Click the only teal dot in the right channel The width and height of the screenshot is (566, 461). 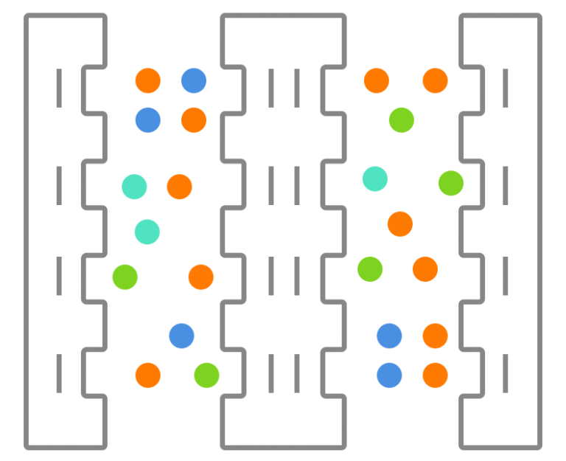coord(374,178)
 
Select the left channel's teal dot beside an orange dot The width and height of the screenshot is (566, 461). coord(134,187)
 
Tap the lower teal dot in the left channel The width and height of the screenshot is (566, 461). coord(147,232)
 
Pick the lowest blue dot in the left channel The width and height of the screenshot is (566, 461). coord(181,336)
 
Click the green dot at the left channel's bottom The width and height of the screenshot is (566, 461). coord(206,375)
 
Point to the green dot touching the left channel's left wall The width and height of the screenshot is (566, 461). coord(125,277)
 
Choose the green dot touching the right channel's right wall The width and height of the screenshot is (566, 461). coord(450,183)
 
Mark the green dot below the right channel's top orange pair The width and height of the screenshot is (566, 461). coord(401,119)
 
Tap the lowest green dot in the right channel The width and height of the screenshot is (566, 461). coord(370,268)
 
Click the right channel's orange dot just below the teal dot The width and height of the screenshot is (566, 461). coord(399,223)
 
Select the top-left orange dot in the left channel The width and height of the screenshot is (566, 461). coord(147,80)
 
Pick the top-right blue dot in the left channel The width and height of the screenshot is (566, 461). coord(193,80)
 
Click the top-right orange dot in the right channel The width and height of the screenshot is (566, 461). coord(435,80)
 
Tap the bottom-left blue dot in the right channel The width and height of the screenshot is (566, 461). coord(389,375)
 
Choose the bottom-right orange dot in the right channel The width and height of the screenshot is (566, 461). coord(435,375)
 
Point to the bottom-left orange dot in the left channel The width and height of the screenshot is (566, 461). coord(147,375)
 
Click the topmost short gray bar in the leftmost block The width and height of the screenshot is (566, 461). coord(59,88)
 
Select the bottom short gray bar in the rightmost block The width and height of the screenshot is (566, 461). coord(506,373)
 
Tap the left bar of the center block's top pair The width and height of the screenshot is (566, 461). coord(270,88)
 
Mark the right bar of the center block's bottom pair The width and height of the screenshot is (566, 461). coord(297,373)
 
